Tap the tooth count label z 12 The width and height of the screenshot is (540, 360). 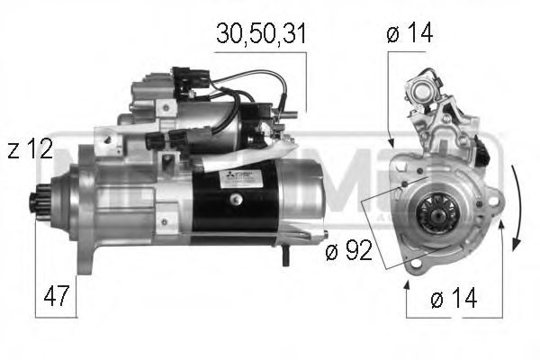pos(30,149)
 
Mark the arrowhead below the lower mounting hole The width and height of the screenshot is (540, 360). pos(406,283)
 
